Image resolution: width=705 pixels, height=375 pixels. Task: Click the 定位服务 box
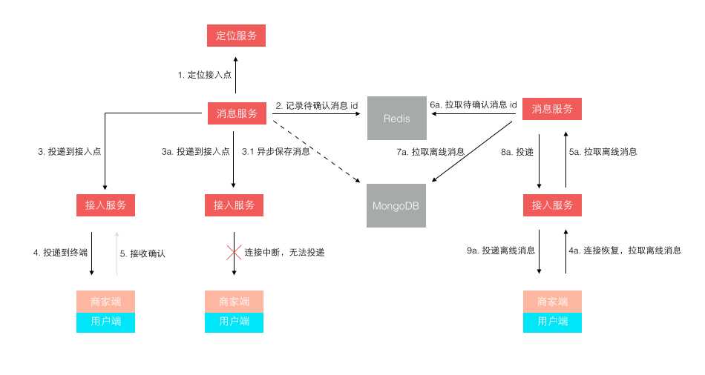tap(235, 35)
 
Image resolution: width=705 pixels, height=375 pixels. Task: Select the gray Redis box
tap(397, 119)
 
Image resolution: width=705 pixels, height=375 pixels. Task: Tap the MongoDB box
tap(397, 205)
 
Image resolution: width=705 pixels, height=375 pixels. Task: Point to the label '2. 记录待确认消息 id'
tap(317, 106)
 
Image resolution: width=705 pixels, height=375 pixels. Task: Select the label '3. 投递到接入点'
tap(69, 152)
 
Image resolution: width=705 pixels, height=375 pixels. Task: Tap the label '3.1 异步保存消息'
tap(276, 152)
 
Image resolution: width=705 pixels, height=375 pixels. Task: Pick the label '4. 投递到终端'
tap(60, 253)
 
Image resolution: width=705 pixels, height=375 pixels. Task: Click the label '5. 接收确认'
tap(142, 253)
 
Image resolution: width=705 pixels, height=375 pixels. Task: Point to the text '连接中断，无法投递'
tap(284, 253)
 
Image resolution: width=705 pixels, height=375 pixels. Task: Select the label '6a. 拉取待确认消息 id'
tap(473, 105)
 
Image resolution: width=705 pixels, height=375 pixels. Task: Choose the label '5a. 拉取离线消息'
tap(603, 152)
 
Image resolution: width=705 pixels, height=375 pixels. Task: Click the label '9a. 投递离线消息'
tap(501, 251)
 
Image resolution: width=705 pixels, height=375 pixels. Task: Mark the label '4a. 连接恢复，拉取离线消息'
tap(624, 251)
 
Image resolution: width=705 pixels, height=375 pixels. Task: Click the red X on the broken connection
tap(234, 252)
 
